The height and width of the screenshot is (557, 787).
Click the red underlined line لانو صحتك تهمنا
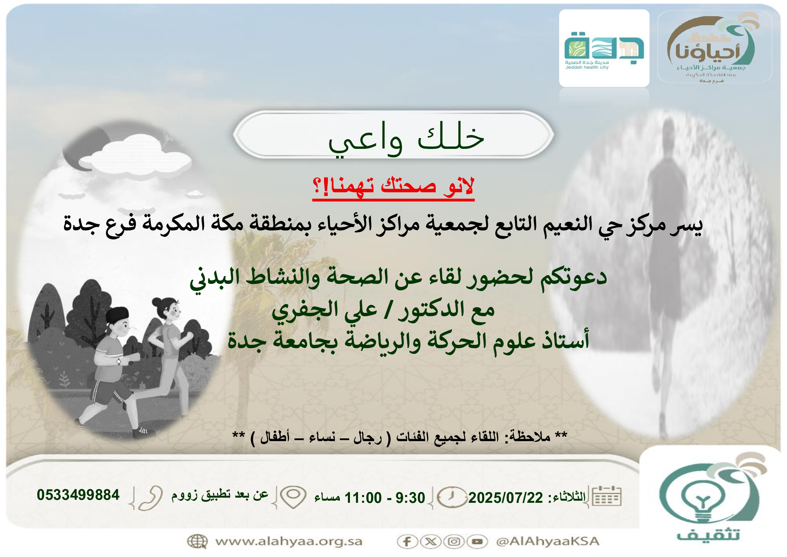[393, 187]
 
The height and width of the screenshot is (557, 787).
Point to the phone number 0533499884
[78, 495]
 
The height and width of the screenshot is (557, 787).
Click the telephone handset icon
[150, 498]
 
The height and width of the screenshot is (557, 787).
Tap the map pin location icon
[293, 497]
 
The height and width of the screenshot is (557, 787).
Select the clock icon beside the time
[452, 497]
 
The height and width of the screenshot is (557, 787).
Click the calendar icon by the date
[606, 496]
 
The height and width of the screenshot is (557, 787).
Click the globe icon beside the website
[198, 542]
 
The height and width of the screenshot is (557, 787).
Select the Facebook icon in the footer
[407, 542]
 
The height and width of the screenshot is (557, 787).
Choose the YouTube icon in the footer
[477, 542]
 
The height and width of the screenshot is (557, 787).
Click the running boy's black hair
[117, 314]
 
